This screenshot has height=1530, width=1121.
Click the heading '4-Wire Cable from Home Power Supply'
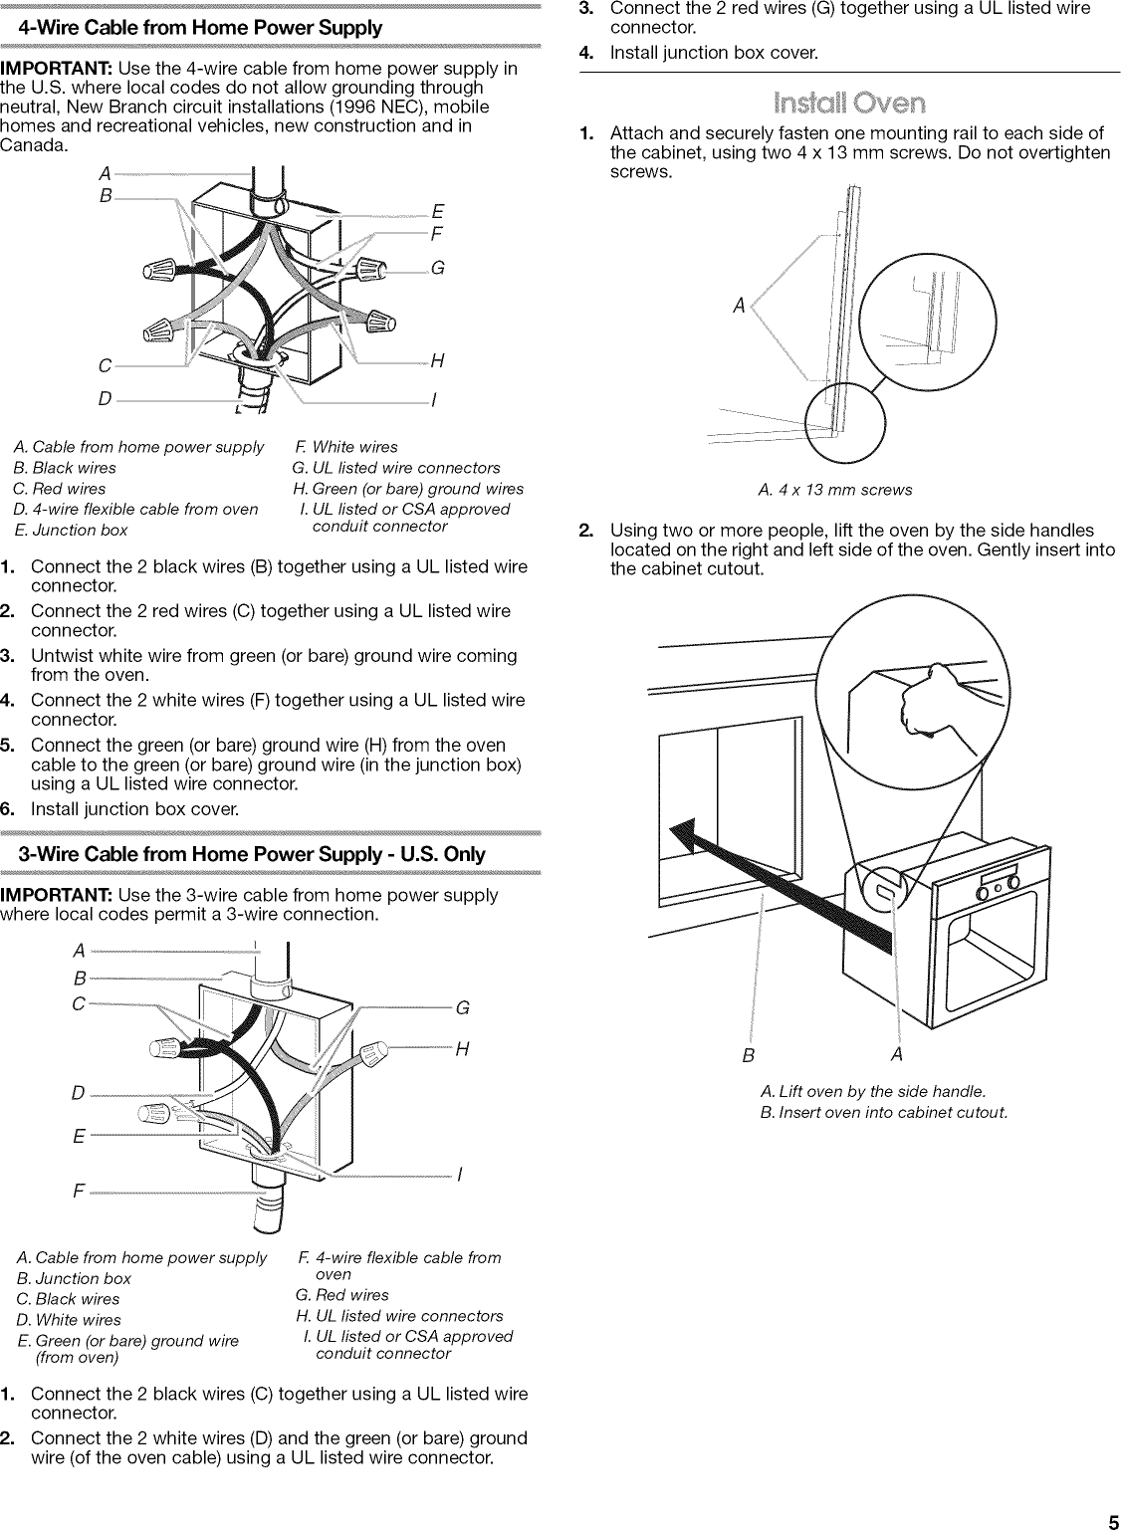[x=200, y=28]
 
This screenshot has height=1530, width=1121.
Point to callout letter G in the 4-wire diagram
[x=437, y=269]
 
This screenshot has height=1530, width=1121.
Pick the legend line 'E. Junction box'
[x=71, y=530]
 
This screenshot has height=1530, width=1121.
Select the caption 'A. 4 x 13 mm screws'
[x=834, y=489]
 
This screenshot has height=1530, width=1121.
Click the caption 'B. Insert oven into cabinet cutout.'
[x=883, y=1111]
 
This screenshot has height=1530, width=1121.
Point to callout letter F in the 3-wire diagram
[x=78, y=1192]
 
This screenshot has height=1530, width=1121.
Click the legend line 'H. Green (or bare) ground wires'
[x=407, y=488]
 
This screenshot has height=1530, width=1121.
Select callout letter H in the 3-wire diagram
[x=462, y=1049]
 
